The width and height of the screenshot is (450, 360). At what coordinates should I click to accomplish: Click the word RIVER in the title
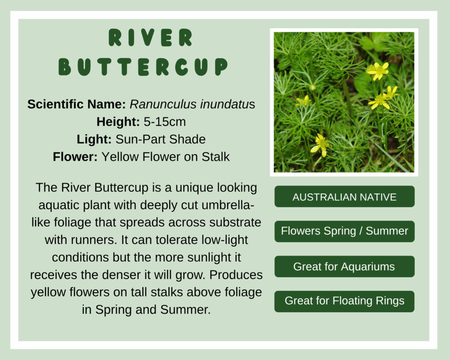click(x=150, y=38)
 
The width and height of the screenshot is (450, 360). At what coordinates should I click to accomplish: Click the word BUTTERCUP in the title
click(x=143, y=67)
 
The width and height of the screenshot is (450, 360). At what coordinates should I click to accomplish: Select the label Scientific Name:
click(x=76, y=104)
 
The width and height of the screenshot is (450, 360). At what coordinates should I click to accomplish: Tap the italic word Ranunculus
click(x=163, y=104)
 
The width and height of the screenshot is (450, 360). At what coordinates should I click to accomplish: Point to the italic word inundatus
click(x=227, y=104)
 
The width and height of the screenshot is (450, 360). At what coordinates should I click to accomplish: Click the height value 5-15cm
click(x=165, y=122)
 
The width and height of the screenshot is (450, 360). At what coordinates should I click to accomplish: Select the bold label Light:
click(x=94, y=139)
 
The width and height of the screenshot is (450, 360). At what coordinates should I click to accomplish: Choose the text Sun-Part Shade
click(x=160, y=139)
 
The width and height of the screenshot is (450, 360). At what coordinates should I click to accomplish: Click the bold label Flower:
click(x=75, y=157)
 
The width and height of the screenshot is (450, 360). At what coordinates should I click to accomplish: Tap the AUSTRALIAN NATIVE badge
click(x=345, y=196)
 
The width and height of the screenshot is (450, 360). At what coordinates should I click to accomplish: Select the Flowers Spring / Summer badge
click(x=345, y=231)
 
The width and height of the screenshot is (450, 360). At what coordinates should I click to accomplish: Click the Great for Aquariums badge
click(x=345, y=266)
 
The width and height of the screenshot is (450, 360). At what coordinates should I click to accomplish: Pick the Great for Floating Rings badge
click(x=345, y=301)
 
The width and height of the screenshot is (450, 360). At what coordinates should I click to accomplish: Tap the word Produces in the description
click(x=236, y=275)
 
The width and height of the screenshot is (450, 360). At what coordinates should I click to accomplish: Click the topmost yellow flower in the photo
click(x=378, y=71)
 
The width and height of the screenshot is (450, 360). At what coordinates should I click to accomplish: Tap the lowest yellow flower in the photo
click(x=320, y=145)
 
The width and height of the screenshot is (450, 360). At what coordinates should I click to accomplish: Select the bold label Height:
click(x=118, y=122)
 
